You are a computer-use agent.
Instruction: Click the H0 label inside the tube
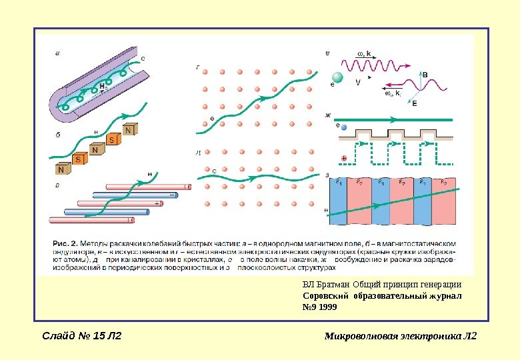point(103,87)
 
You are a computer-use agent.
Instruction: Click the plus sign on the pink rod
point(156,203)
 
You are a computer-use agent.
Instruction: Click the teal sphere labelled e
point(338,78)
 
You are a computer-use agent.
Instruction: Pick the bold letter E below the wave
point(415,104)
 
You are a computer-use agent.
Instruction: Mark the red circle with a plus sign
point(344,159)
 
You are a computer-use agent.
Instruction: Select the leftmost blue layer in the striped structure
point(339,203)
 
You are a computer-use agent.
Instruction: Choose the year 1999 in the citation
point(328,307)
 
